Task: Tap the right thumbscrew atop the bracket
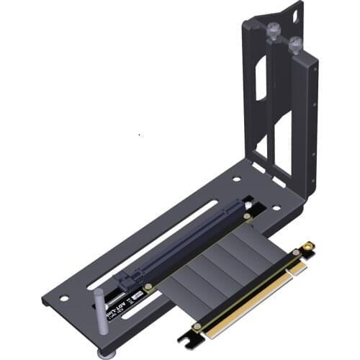click(x=295, y=45)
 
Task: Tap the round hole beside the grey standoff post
click(x=64, y=298)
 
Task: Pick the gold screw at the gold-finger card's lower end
click(x=196, y=325)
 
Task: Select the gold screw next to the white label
click(x=149, y=287)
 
